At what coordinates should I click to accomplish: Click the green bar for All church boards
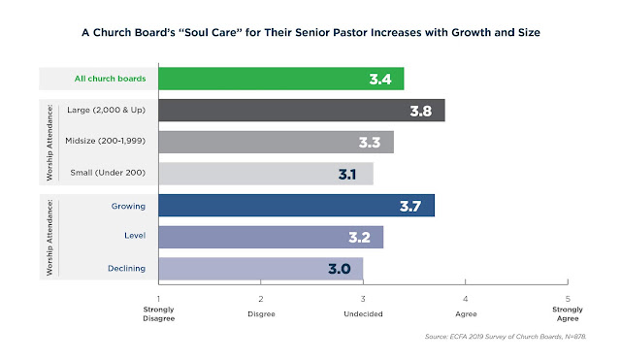click(x=281, y=79)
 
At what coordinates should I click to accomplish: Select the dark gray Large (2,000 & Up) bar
click(x=302, y=110)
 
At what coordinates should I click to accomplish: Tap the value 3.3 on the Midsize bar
click(x=370, y=143)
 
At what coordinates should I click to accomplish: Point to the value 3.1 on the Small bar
click(x=347, y=174)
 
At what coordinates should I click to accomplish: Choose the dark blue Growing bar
click(x=297, y=205)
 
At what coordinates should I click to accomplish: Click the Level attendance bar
click(x=271, y=237)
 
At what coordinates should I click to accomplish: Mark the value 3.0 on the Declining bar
click(x=340, y=269)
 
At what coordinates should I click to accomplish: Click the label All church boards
click(x=110, y=79)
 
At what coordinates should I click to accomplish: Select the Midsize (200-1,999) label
click(x=106, y=141)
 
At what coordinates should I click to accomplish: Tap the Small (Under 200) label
click(x=108, y=173)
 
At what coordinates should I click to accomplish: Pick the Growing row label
click(x=128, y=206)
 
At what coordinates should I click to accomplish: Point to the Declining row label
click(x=127, y=268)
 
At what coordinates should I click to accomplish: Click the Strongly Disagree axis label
click(x=159, y=313)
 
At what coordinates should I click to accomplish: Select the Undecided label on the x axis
click(x=363, y=313)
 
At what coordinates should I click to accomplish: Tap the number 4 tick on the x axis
click(x=466, y=299)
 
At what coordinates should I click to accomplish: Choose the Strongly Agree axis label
click(x=568, y=313)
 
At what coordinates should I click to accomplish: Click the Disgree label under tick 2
click(x=261, y=314)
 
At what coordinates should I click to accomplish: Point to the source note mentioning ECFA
click(x=506, y=337)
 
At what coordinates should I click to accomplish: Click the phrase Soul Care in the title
click(x=211, y=32)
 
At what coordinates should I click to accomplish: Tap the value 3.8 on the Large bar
click(x=420, y=111)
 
